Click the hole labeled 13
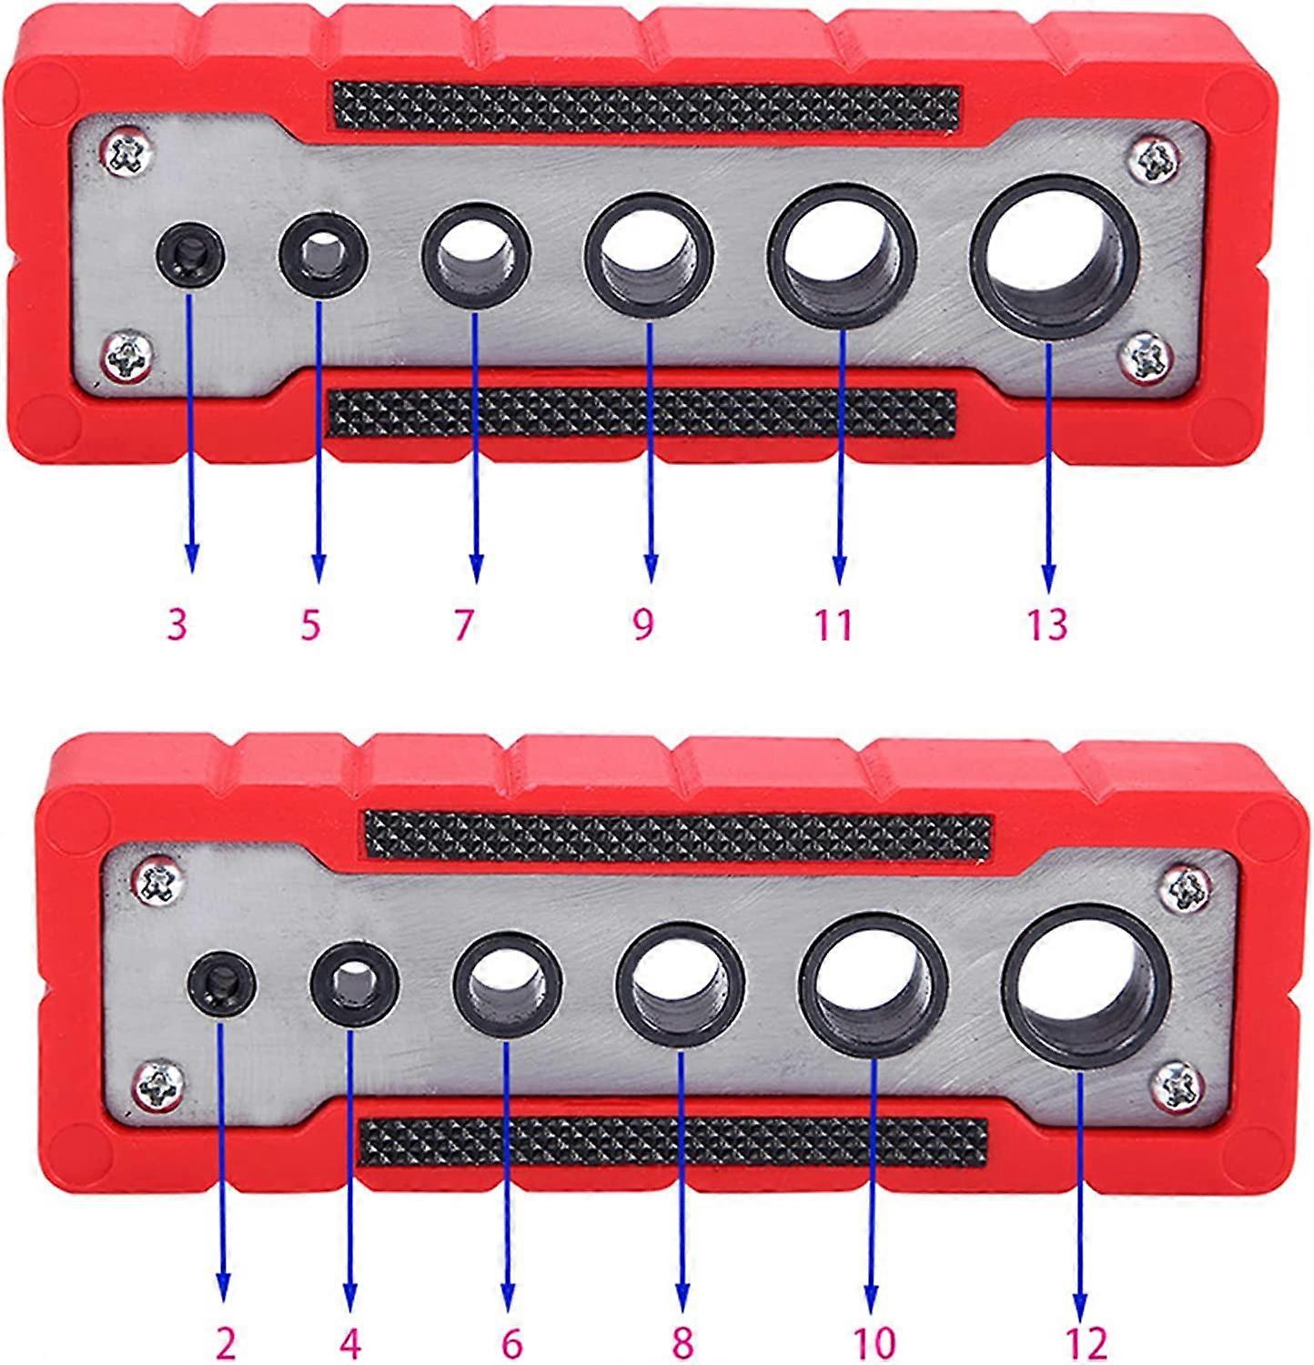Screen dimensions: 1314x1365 pos(1054,258)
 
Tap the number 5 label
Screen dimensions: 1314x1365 pos(311,624)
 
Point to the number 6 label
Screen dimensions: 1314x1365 pos(511,1343)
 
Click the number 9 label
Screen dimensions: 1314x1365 pos(643,624)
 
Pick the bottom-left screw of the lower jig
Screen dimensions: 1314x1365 pos(161,1084)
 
